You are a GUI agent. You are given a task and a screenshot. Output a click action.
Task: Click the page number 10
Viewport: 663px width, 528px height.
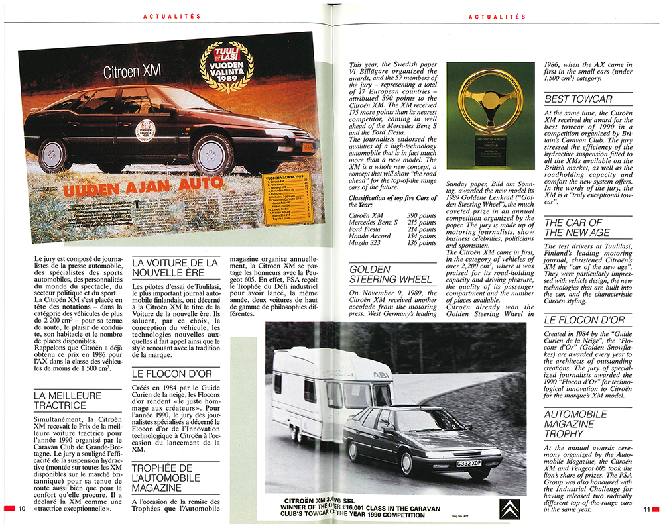22,509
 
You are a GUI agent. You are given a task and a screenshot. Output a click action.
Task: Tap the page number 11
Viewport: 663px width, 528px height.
646,509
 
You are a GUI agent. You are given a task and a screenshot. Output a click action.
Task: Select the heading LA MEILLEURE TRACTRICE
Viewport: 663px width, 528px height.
68,401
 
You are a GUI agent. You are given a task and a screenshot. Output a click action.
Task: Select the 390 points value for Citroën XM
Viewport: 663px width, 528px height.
422,216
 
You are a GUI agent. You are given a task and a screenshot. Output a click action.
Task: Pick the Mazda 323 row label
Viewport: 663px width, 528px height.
366,243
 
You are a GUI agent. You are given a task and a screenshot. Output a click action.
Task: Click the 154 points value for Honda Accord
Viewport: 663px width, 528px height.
422,235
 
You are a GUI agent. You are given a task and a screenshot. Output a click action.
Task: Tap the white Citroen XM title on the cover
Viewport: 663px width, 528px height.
131,72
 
